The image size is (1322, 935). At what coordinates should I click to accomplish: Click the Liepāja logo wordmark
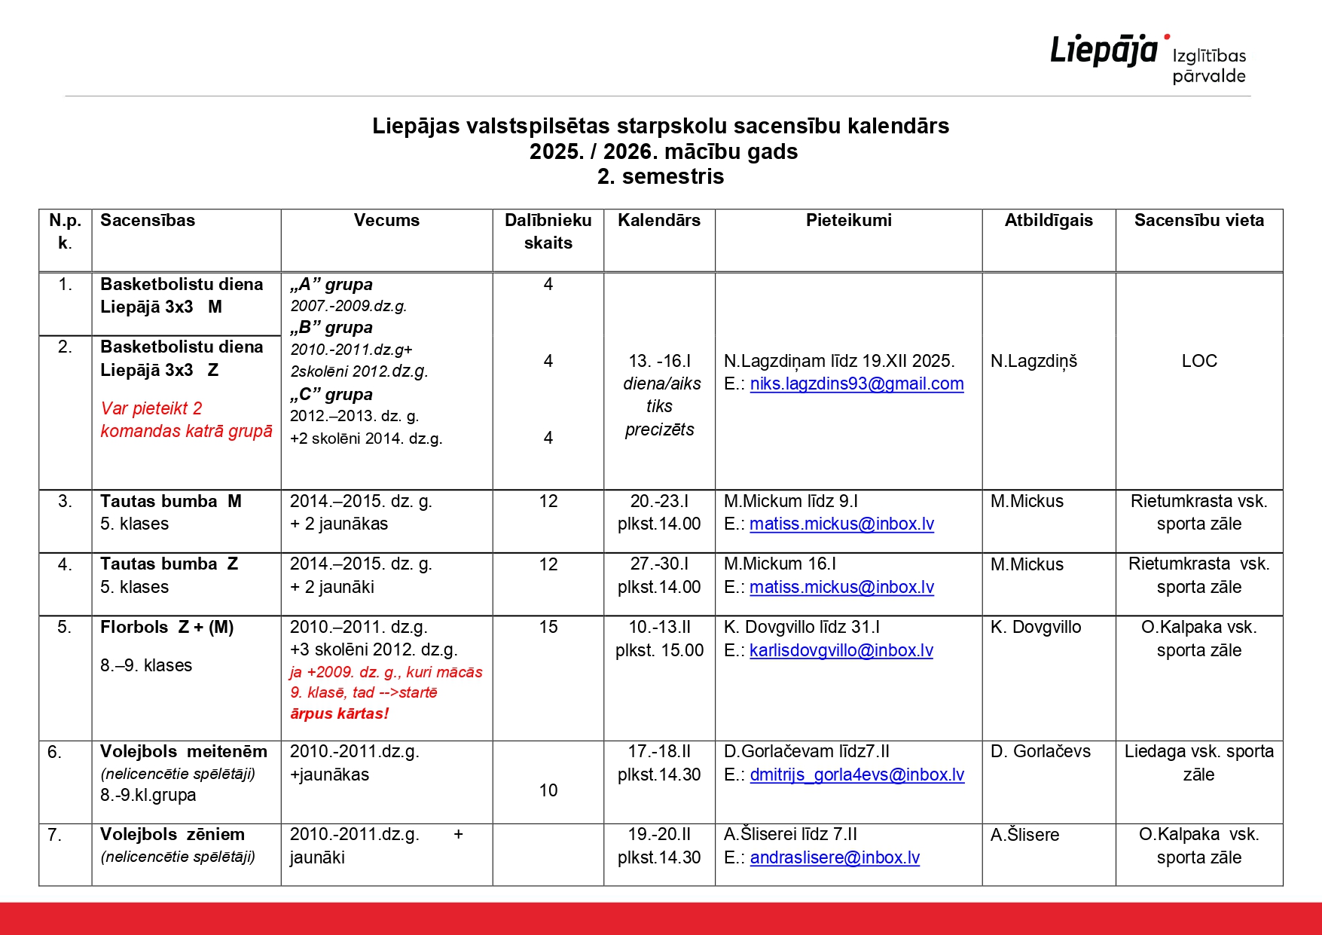1104,50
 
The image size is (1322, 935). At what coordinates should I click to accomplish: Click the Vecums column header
386,220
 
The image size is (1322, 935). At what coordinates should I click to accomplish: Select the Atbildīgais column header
1048,220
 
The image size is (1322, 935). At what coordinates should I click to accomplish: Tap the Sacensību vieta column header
1198,220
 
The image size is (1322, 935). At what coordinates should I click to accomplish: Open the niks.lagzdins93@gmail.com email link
856,383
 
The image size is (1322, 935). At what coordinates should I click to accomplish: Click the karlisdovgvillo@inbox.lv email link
841,650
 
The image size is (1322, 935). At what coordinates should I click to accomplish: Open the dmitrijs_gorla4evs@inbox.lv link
856,775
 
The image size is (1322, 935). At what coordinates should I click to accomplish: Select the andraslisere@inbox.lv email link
835,857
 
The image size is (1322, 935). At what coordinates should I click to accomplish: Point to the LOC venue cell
1198,361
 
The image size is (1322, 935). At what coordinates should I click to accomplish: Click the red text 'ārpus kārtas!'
339,713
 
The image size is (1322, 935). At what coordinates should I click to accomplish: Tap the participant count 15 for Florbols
548,627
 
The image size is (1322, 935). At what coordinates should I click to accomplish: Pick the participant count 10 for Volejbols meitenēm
548,790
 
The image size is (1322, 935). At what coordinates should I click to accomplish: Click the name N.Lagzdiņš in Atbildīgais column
1033,361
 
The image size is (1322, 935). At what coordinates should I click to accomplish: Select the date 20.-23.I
659,501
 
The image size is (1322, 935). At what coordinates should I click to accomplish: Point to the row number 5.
65,627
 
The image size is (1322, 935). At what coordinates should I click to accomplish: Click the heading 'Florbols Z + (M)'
167,627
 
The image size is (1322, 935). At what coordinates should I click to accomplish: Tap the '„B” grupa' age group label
331,327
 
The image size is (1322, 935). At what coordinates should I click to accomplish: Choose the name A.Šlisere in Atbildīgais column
1024,835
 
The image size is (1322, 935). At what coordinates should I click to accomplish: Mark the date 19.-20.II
659,834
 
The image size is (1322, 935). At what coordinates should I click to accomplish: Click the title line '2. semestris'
661,176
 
